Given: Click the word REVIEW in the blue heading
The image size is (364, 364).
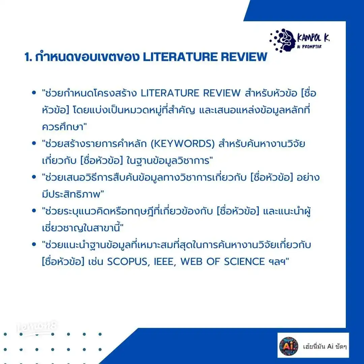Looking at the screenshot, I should (247, 57).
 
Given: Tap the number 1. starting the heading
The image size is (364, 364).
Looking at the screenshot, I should (28, 57).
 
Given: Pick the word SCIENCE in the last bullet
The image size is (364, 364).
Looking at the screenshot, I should (243, 262).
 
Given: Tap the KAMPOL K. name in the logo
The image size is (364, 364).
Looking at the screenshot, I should (313, 37).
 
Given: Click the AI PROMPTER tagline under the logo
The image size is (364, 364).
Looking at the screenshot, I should (309, 47).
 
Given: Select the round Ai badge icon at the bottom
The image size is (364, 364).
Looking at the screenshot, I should (289, 345).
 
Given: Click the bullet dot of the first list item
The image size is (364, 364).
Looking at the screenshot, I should (34, 93).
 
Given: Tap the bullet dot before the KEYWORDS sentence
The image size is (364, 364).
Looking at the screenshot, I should (34, 144).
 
